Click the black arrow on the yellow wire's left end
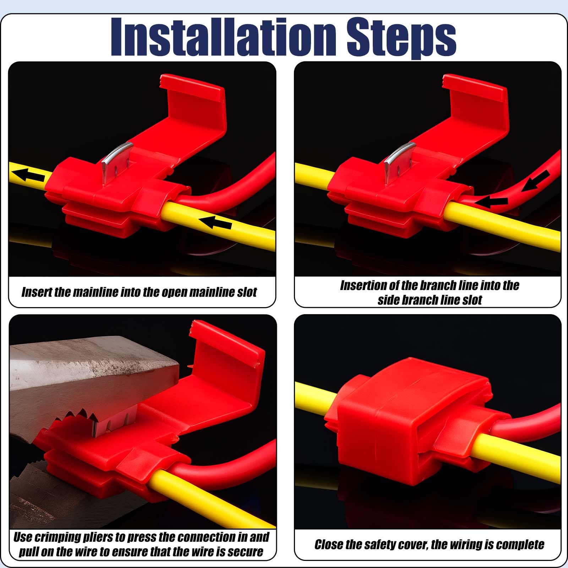[x=28, y=174]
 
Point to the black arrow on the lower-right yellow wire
[x=215, y=223]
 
